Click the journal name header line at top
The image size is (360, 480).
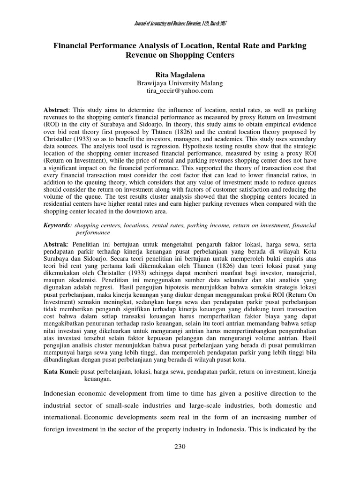[x=180, y=23]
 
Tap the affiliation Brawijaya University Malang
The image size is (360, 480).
[x=180, y=83]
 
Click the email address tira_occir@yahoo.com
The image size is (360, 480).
[x=180, y=90]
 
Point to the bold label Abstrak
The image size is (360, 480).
[x=55, y=244]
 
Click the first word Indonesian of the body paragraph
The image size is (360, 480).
[x=63, y=392]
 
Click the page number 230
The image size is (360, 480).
[x=180, y=447]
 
